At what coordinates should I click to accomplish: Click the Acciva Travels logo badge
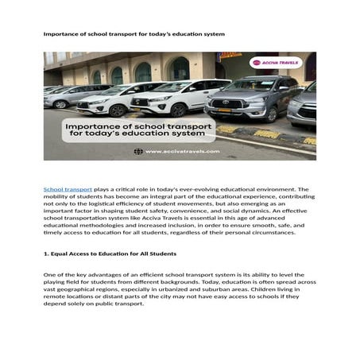click(x=277, y=62)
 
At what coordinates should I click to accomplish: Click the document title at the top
click(x=134, y=34)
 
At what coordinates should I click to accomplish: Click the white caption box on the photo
click(x=138, y=130)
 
